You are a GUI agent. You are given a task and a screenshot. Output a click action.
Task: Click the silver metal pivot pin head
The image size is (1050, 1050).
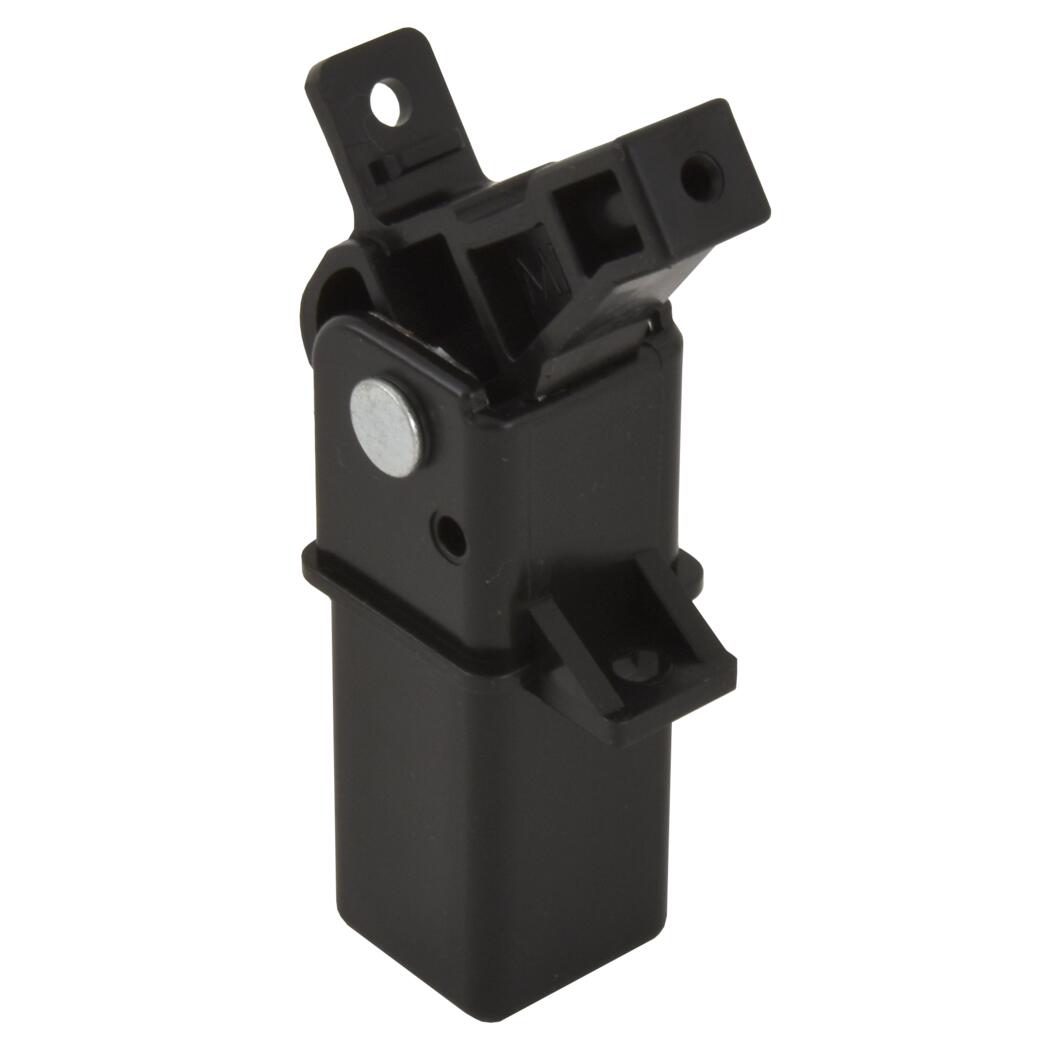click(386, 426)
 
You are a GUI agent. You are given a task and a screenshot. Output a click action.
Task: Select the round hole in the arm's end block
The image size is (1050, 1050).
click(702, 176)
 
